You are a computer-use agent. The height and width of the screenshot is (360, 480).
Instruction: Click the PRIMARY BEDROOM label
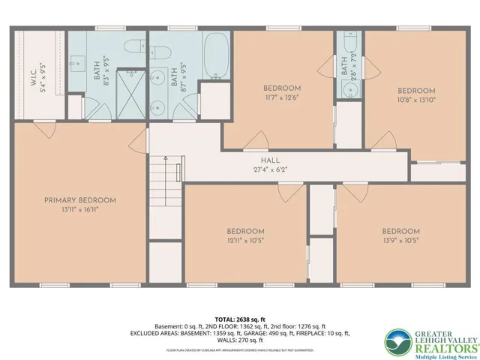point(79,200)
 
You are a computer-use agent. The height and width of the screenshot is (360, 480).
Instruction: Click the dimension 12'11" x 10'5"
point(246,240)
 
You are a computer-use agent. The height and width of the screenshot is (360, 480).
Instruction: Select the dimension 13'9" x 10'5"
point(400,240)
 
